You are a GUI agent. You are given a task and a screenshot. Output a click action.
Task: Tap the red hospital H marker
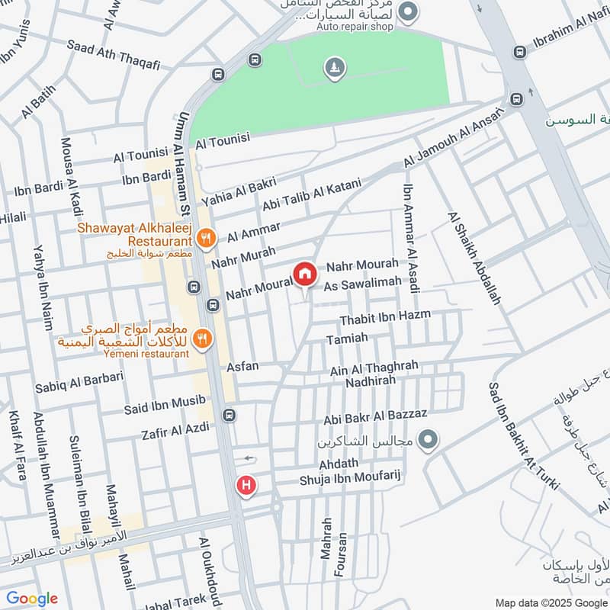(246, 485)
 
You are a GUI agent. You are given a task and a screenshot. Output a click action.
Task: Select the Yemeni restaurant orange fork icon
(202, 338)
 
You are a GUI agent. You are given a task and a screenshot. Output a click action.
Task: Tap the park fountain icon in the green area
(333, 69)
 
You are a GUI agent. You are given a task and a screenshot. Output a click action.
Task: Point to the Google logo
(32, 599)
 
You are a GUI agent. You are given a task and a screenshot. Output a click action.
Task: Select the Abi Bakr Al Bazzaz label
(375, 418)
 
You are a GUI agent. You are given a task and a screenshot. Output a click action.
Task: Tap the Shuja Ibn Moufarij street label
(350, 478)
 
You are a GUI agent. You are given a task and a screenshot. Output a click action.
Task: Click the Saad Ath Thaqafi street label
(114, 55)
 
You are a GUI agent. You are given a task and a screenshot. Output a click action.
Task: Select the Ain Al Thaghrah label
(374, 368)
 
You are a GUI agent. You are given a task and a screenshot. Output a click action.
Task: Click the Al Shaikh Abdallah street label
(474, 258)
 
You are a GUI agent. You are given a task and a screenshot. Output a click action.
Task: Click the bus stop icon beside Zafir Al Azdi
(229, 416)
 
